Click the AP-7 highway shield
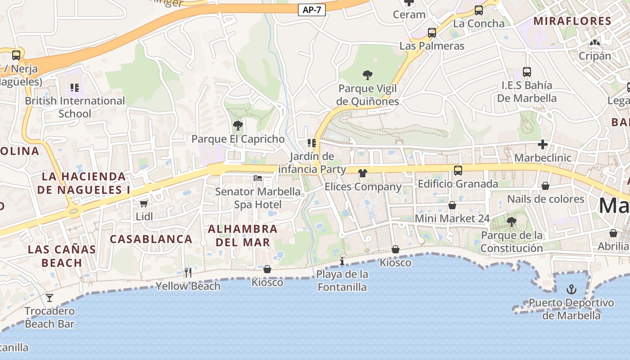click(x=311, y=10)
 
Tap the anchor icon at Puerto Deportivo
click(x=571, y=289)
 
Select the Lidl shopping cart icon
click(x=144, y=204)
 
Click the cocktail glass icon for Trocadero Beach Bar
click(x=49, y=297)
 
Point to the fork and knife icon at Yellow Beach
click(x=188, y=272)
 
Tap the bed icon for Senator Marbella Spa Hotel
click(x=258, y=178)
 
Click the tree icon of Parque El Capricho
click(x=238, y=126)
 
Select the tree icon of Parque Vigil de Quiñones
click(x=367, y=75)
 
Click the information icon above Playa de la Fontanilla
click(x=342, y=261)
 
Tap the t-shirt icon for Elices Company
click(x=363, y=173)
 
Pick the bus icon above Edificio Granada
click(x=458, y=170)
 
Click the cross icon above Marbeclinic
click(x=543, y=144)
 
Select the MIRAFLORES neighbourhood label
click(x=572, y=21)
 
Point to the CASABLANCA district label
click(x=151, y=239)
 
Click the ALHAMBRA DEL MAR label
click(x=243, y=235)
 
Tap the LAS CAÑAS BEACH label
click(x=62, y=256)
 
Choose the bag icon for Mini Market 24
click(x=452, y=205)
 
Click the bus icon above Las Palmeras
click(x=432, y=32)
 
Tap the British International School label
click(x=75, y=107)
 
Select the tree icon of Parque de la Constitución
click(x=511, y=221)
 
